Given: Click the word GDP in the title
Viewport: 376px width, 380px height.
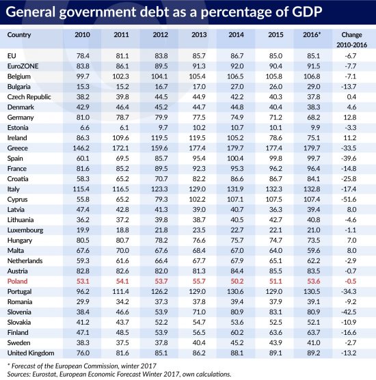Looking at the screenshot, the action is pos(307,12).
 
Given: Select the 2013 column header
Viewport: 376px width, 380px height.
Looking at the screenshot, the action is pos(199,35).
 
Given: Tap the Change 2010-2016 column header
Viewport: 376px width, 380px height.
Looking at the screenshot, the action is pos(351,40).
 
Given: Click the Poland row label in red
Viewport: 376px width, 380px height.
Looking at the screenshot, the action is pos(18,281).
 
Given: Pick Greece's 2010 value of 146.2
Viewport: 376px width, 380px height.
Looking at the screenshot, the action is pos(81,148).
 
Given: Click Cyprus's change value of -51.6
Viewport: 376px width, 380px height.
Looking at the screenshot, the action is pos(349,199).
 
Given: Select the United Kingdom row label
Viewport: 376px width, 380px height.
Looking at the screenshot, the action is pos(31,353).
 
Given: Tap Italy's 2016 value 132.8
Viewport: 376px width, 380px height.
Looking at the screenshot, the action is pos(312,189).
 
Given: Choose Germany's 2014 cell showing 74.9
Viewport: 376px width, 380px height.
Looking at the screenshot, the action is pos(237,118).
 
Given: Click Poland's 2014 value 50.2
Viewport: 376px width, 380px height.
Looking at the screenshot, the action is pos(237,281).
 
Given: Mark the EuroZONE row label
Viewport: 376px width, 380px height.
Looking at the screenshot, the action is pos(23,66).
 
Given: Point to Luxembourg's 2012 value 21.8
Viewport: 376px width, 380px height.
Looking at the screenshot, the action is pos(161,230).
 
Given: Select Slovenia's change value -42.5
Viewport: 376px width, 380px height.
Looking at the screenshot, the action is pos(349,312).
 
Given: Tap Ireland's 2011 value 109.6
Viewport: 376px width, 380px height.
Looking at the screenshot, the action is pos(120,137).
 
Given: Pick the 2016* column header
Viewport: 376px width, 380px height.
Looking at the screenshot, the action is pos(312,35).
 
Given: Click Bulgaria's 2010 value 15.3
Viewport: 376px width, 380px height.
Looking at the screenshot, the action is pos(83,87).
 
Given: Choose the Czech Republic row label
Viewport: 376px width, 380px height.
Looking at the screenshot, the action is pos(29,96).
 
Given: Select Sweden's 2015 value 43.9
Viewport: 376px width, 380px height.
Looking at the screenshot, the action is pos(276,342).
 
